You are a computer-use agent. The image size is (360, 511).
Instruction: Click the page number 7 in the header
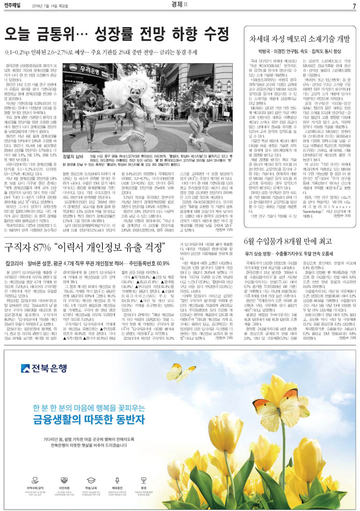(x=354, y=6)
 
